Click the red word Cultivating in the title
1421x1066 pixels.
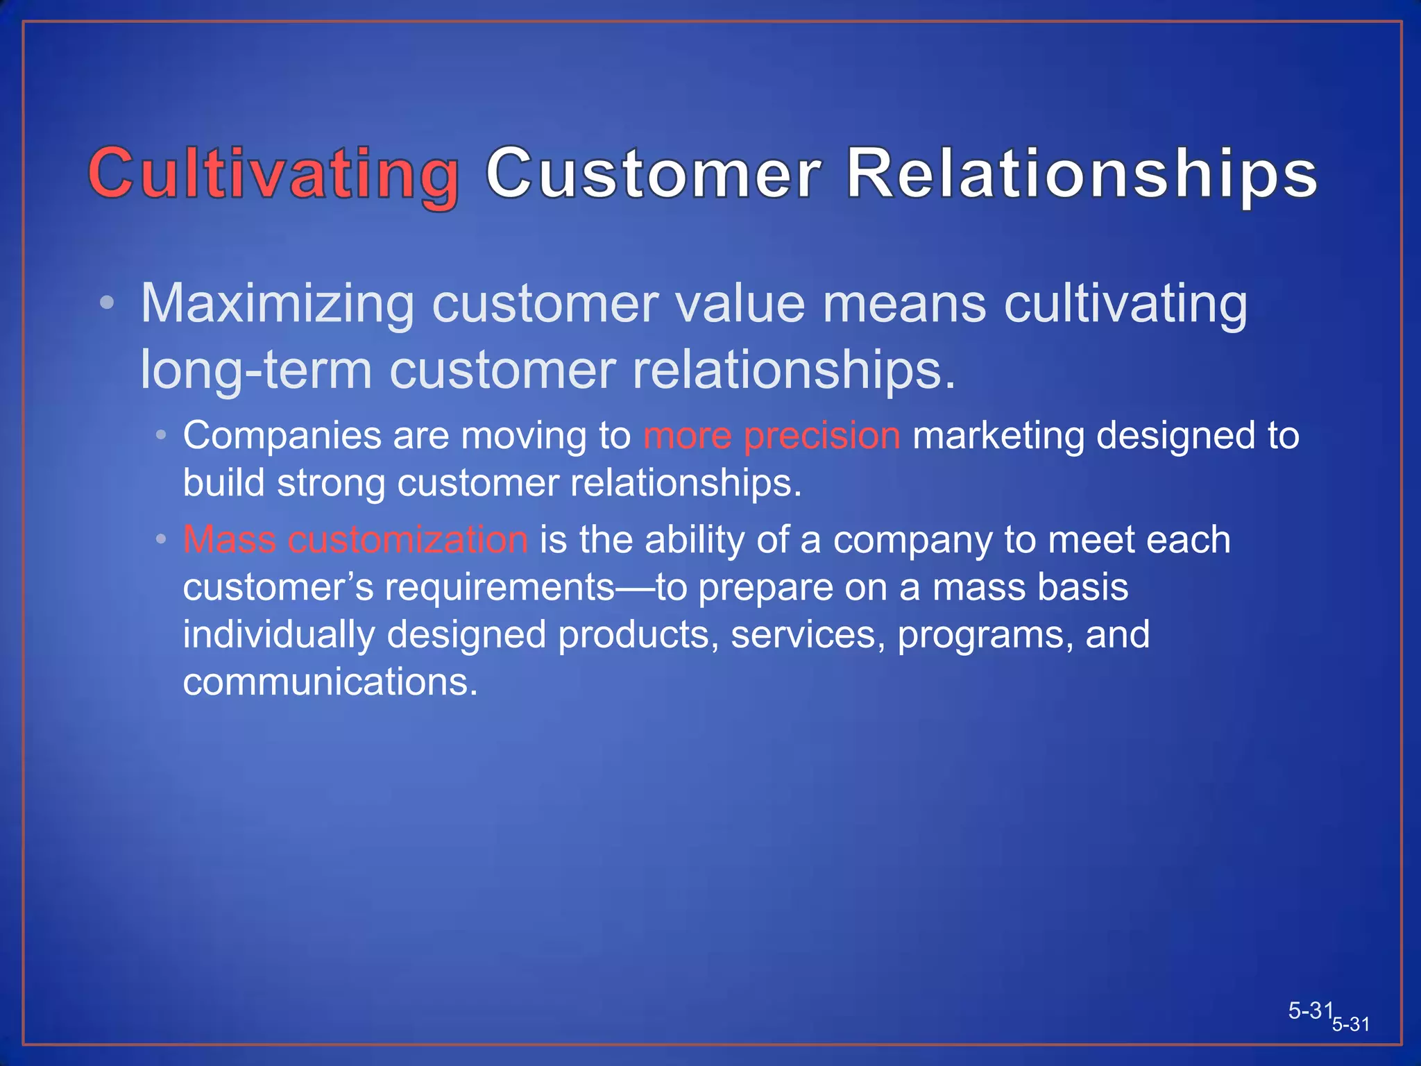[x=273, y=174]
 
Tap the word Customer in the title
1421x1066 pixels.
[x=654, y=174]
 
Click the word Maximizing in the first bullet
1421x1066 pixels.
[x=278, y=304]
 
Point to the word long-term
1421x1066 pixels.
[x=256, y=370]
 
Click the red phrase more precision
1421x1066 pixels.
[x=772, y=436]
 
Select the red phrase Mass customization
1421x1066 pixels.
[x=355, y=539]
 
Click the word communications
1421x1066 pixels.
[x=330, y=682]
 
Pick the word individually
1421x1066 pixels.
[x=278, y=634]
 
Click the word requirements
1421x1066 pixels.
[x=500, y=588]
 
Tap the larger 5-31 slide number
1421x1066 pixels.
[x=1311, y=1010]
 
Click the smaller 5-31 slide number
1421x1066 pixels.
[x=1350, y=1024]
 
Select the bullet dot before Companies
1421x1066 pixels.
[x=161, y=436]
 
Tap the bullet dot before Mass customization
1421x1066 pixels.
[x=161, y=539]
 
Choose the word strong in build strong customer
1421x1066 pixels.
[x=331, y=483]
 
